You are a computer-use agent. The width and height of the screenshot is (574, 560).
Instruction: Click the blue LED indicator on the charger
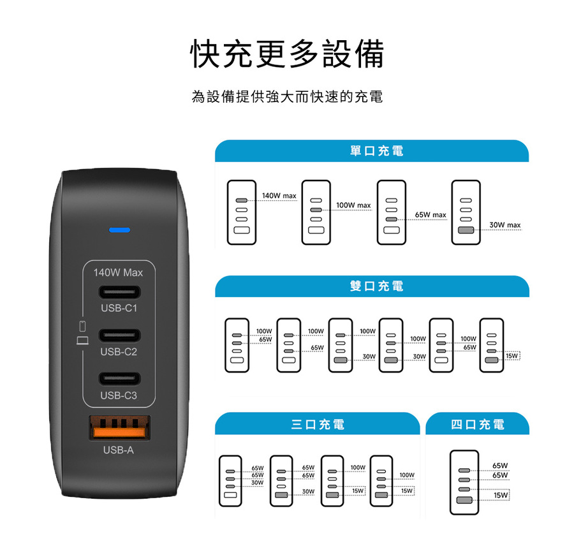point(119,230)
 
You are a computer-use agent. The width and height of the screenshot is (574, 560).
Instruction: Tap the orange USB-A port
point(120,427)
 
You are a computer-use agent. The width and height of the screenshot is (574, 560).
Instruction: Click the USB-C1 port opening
point(119,293)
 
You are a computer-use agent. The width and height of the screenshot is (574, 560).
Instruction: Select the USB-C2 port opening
point(119,335)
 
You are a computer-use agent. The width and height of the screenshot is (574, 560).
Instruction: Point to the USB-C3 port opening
point(119,379)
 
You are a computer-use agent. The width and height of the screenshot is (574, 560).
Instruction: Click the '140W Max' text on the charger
point(118,273)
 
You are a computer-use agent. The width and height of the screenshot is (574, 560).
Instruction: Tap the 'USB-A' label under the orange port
point(119,450)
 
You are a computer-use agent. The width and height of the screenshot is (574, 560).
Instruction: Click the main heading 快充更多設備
point(288,54)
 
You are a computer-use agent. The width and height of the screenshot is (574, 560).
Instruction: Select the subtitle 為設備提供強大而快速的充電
point(288,96)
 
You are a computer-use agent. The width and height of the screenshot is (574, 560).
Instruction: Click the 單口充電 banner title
point(376,151)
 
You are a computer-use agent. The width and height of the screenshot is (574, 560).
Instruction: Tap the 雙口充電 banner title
point(376,286)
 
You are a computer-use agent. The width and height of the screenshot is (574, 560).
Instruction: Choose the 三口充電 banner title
point(318,424)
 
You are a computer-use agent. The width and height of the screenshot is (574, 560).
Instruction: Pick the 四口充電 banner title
point(477,424)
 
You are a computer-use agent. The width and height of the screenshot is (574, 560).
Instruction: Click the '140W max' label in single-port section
point(279,196)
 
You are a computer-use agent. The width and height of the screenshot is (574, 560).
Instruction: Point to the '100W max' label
point(353,205)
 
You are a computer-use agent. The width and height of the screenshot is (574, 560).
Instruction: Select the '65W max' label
point(430,215)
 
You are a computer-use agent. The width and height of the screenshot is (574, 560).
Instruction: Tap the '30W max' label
point(505,225)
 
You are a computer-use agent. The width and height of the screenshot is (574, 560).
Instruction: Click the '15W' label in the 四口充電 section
point(501,495)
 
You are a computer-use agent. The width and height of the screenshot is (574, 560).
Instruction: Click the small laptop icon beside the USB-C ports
point(82,341)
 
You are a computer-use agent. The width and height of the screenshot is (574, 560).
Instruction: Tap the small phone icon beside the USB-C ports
point(82,327)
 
